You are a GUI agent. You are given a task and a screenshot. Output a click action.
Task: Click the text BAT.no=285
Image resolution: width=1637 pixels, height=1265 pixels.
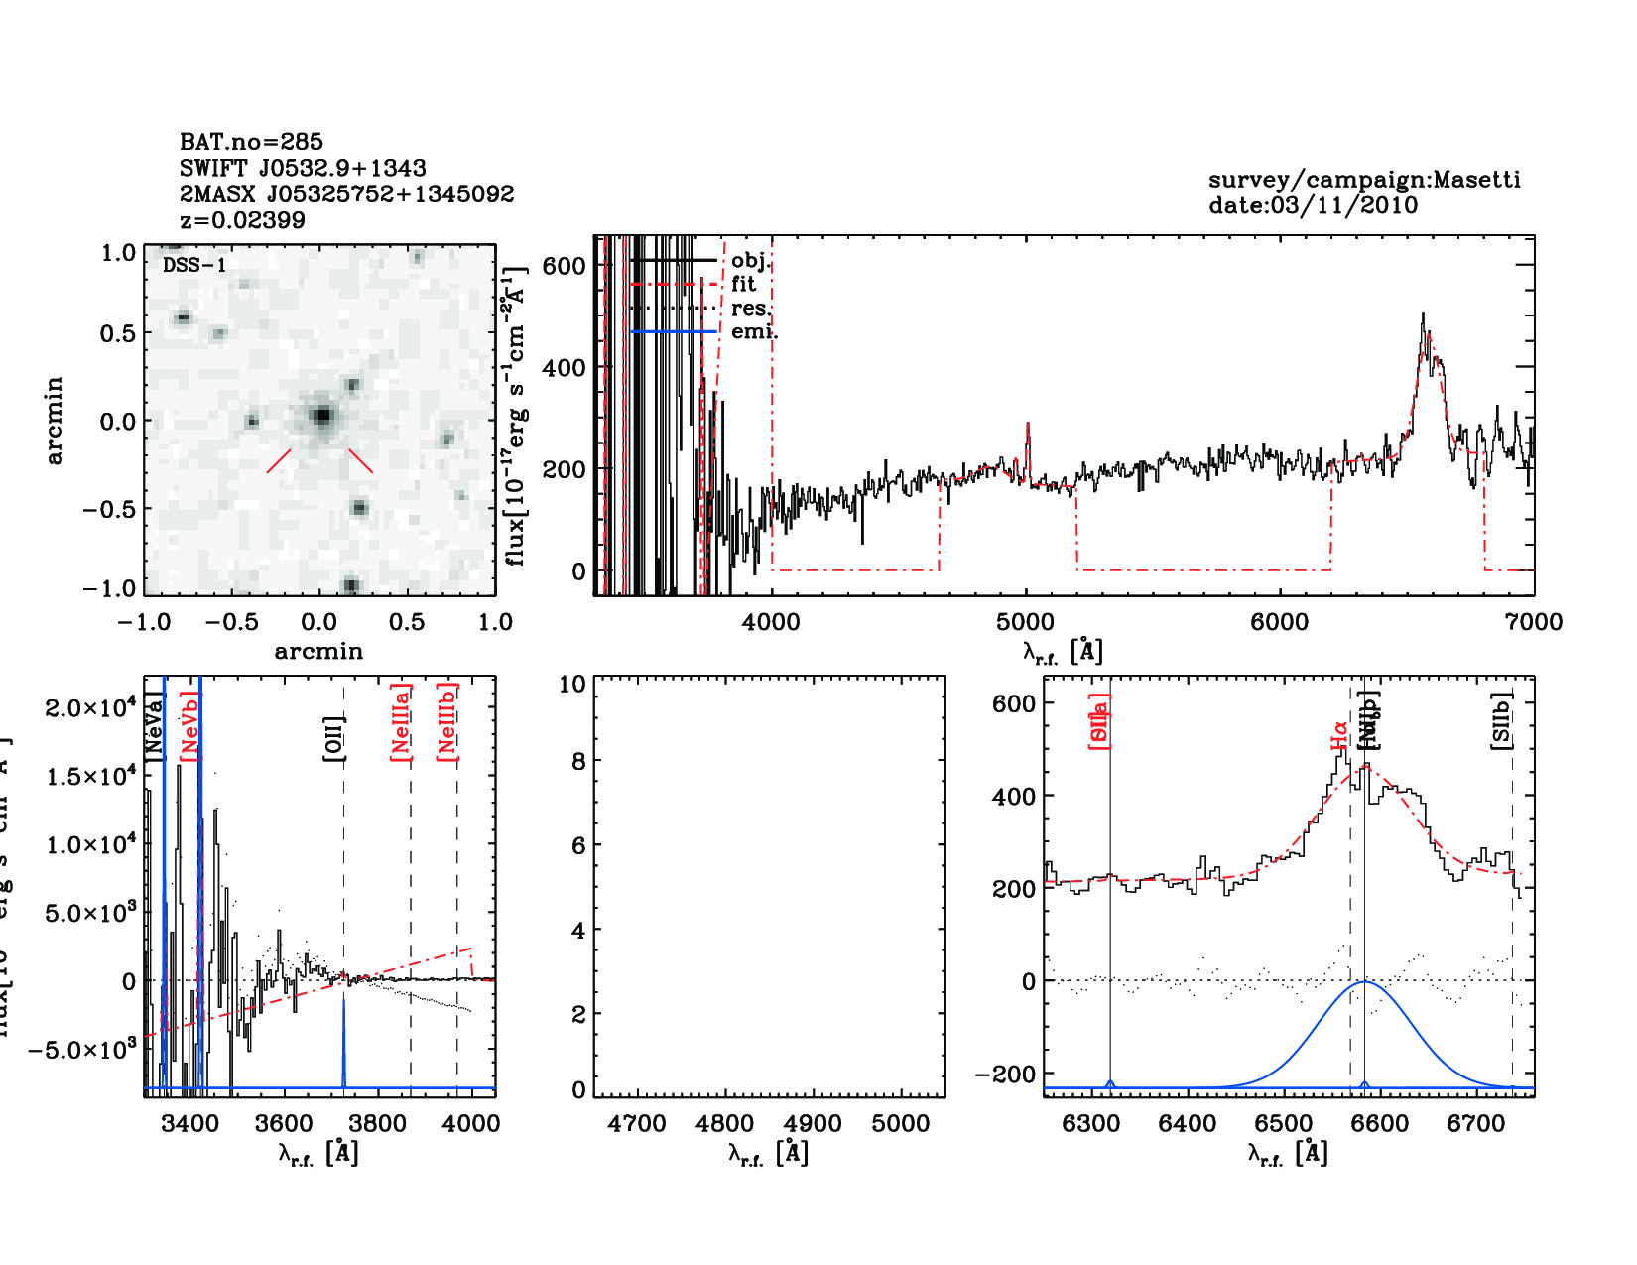point(251,142)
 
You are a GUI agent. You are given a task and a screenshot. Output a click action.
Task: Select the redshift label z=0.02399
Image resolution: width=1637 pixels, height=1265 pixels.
point(242,220)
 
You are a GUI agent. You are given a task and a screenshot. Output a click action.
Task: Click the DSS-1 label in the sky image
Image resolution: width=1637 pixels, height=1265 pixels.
point(194,265)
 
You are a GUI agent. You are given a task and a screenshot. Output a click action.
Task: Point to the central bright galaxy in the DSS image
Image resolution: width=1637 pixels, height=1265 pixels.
point(320,415)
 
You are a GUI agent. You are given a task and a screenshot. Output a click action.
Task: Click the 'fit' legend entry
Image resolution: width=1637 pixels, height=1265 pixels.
point(743,284)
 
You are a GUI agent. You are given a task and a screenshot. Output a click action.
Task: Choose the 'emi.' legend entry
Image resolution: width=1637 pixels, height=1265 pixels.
point(753,331)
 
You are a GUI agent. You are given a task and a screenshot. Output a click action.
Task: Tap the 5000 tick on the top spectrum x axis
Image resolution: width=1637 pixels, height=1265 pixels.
point(1025,622)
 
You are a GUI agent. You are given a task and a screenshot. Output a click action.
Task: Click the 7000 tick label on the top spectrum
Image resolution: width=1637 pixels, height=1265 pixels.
point(1533,622)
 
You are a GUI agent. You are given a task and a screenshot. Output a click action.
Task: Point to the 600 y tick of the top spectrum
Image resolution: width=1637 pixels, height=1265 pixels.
point(564,265)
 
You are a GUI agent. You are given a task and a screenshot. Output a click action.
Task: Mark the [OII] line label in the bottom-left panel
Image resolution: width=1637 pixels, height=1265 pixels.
point(334,739)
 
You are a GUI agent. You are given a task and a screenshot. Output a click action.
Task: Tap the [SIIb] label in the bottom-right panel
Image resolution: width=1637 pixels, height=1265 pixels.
point(1502,721)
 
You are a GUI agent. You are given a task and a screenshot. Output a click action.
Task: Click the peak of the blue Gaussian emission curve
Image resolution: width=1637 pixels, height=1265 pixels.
point(1365,982)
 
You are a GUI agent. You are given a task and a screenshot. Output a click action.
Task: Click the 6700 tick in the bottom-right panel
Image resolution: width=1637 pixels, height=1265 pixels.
point(1476,1123)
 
